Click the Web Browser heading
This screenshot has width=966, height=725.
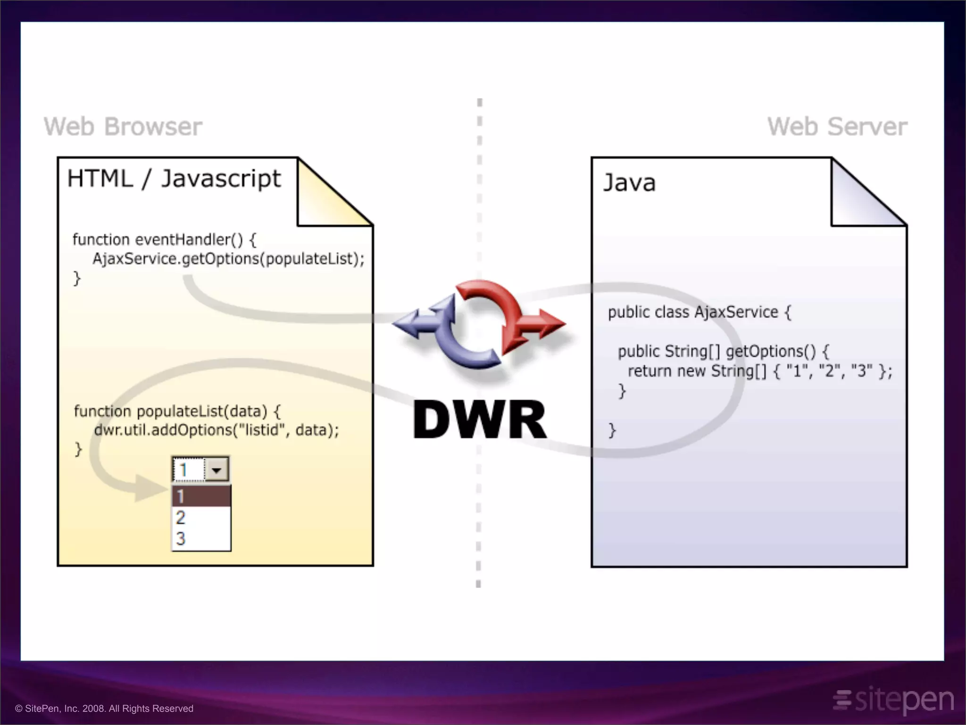123,126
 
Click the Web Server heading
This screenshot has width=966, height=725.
837,126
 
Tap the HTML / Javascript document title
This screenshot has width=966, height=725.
174,179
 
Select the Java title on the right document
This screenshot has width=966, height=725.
630,183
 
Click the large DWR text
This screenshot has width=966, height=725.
479,420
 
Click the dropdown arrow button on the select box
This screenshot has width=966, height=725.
217,470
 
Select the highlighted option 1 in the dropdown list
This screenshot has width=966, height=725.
201,496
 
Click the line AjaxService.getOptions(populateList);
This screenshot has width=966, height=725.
228,259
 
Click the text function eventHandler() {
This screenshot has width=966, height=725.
164,240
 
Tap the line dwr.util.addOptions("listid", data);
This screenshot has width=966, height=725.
216,430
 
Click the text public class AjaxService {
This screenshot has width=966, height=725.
699,312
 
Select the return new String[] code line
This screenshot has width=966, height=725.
759,371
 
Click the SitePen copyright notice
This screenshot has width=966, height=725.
104,708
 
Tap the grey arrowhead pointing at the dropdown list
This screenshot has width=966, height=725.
150,489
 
